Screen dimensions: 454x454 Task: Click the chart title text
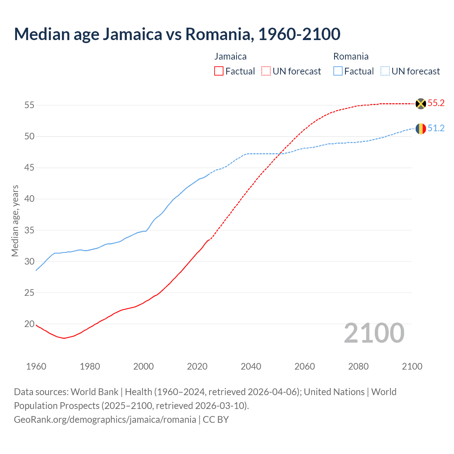point(177,34)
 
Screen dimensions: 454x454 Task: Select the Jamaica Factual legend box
point(219,71)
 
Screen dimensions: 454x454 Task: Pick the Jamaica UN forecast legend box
point(266,71)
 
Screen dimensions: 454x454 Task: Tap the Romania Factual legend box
point(338,71)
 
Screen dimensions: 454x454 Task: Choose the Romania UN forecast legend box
point(385,71)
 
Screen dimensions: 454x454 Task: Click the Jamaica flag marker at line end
point(421,104)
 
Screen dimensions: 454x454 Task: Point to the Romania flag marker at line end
point(421,128)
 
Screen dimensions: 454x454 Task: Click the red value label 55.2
point(436,103)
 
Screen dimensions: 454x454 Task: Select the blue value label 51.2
point(436,128)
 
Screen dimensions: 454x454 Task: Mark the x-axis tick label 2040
point(251,366)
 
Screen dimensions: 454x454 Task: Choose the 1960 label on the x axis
point(36,366)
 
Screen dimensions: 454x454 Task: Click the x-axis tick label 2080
point(358,366)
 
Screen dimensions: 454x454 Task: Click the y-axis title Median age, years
point(15,221)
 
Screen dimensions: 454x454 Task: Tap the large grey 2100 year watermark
point(374,333)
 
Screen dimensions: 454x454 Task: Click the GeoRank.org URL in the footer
point(105,419)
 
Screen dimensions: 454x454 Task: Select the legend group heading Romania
point(351,56)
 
